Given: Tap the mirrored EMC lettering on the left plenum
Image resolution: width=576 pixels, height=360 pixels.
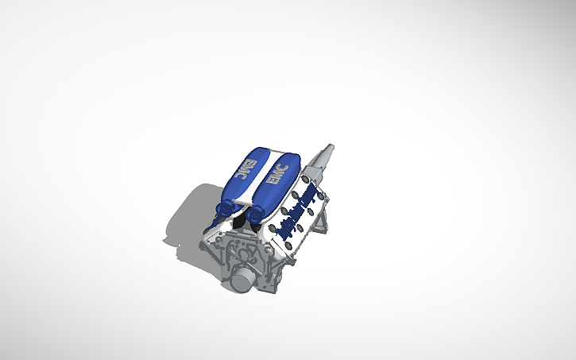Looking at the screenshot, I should point(245,171).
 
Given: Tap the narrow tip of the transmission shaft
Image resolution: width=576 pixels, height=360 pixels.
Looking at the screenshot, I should point(330,148).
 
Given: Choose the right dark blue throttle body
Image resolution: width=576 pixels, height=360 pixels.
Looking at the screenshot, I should point(257,211).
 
